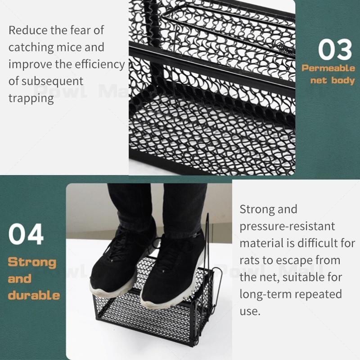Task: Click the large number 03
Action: pyautogui.click(x=335, y=49)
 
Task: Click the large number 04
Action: pyautogui.click(x=26, y=234)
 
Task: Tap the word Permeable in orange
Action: pyautogui.click(x=328, y=68)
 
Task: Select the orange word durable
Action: pyautogui.click(x=34, y=295)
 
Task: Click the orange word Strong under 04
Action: pyautogui.click(x=32, y=262)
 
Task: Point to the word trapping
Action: pyautogui.click(x=31, y=99)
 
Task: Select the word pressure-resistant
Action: pyautogui.click(x=287, y=227)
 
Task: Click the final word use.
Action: pyautogui.click(x=250, y=311)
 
